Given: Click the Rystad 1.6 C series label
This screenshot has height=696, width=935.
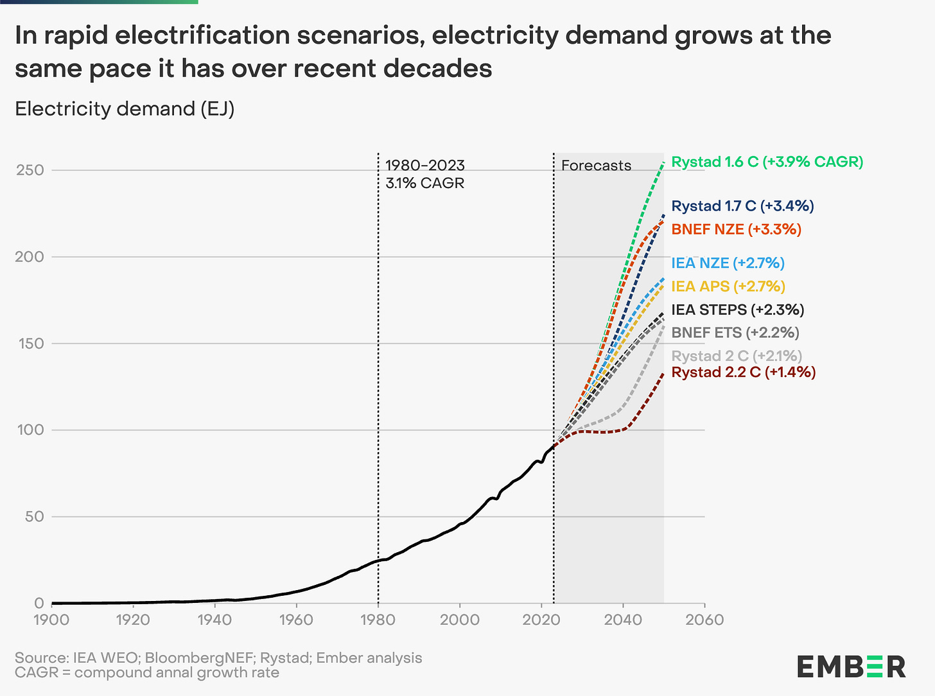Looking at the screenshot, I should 767,162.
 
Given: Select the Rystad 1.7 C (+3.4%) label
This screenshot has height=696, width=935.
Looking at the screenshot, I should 742,206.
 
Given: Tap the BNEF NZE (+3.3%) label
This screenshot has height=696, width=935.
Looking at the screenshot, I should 736,229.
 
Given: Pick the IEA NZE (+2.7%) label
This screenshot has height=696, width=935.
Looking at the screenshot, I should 728,263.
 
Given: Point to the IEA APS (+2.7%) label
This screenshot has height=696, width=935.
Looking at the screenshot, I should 728,286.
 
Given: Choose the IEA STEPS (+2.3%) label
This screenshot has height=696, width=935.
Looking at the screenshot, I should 737,309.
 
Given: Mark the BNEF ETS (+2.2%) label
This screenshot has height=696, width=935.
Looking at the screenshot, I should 735,333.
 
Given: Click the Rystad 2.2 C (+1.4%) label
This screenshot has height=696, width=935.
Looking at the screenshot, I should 743,372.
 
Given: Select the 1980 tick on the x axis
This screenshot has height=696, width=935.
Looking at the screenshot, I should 378,620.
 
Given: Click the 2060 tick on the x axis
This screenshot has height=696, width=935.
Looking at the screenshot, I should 704,620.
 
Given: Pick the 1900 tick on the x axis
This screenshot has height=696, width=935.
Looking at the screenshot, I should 51,620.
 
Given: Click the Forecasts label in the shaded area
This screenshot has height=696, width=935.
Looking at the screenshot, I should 596,166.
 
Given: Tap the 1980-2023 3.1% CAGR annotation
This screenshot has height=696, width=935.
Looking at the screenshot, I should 424,174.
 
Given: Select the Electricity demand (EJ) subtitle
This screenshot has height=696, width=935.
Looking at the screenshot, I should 125,109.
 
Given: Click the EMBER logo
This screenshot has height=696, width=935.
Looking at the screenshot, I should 851,666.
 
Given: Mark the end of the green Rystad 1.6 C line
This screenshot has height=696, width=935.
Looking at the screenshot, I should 663,163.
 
